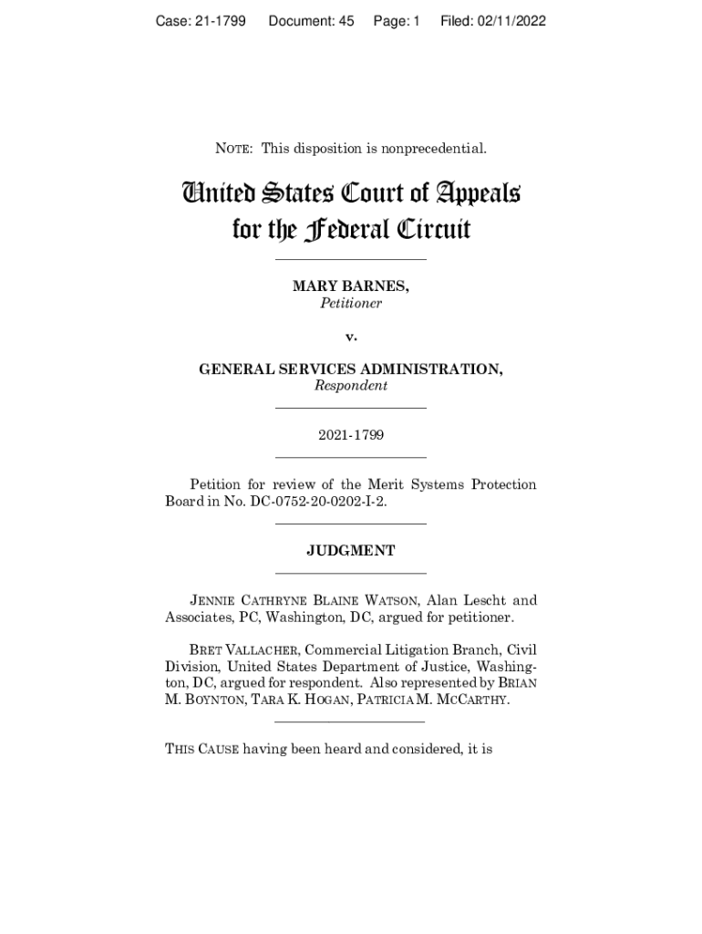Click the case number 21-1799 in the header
click(x=220, y=20)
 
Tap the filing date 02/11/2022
click(x=510, y=20)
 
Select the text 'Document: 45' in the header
click(x=311, y=20)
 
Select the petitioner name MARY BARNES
click(x=350, y=286)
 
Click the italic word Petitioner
click(x=351, y=303)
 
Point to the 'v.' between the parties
click(x=351, y=337)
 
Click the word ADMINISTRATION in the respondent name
click(x=426, y=369)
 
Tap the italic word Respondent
click(x=351, y=386)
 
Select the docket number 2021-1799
click(x=351, y=435)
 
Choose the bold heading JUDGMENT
click(x=351, y=551)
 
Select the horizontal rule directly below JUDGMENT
click(x=351, y=573)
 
